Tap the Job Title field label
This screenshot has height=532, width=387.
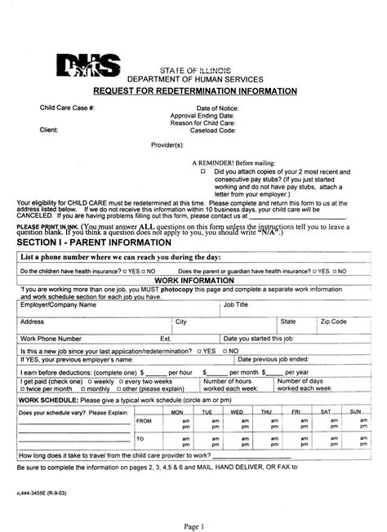coord(236,304)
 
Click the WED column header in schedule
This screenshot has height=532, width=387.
coord(237,412)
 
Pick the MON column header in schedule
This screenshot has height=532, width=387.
coord(176,412)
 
